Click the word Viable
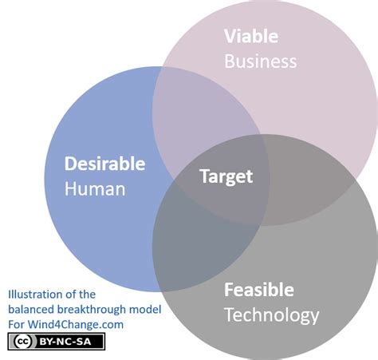click(x=251, y=36)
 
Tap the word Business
click(x=261, y=61)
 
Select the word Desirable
click(x=104, y=164)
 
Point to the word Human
click(x=95, y=189)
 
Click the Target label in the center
click(x=226, y=177)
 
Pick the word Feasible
click(x=259, y=290)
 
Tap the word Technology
click(x=272, y=316)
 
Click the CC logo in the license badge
click(x=22, y=342)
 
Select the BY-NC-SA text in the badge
click(x=65, y=342)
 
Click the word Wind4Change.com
click(x=76, y=325)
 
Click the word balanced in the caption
click(x=31, y=310)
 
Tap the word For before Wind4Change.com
click(x=17, y=325)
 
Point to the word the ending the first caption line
click(x=87, y=295)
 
